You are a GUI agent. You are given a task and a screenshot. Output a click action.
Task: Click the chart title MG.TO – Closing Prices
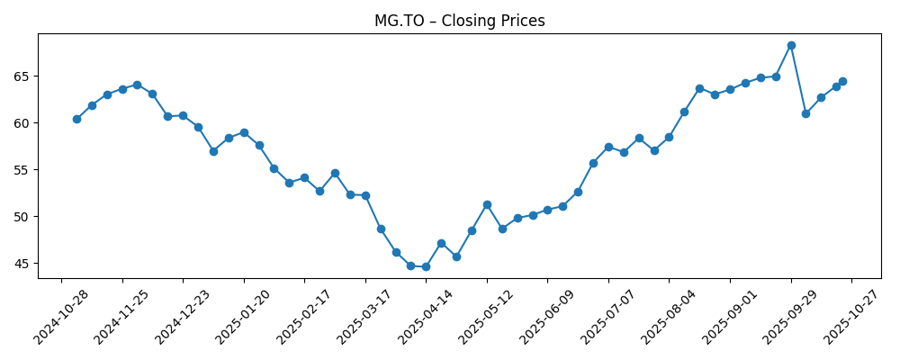(459, 21)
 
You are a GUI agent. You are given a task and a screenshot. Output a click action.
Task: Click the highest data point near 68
(791, 45)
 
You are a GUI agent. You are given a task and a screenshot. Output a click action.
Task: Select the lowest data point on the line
(426, 266)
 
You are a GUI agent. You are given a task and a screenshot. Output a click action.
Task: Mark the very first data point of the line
(76, 119)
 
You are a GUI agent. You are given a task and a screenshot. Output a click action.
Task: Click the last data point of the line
(842, 81)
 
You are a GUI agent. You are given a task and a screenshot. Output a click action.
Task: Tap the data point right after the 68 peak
(806, 113)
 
